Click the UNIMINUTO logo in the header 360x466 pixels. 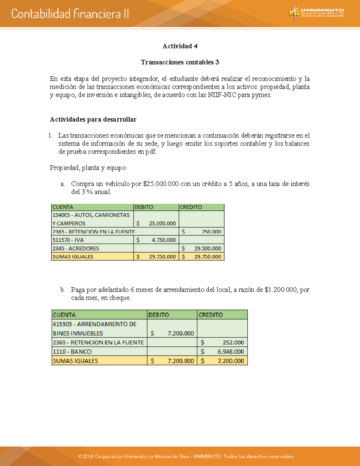pyautogui.click(x=316, y=13)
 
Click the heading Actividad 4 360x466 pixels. pyautogui.click(x=180, y=46)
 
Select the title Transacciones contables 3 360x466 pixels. pyautogui.click(x=180, y=62)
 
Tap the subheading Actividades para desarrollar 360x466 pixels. pyautogui.click(x=93, y=120)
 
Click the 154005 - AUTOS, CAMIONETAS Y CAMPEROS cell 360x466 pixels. pyautogui.click(x=92, y=219)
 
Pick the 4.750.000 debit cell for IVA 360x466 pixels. pyautogui.click(x=156, y=240)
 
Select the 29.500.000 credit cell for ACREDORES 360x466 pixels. pyautogui.click(x=202, y=248)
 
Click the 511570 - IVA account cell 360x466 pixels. pyautogui.click(x=92, y=240)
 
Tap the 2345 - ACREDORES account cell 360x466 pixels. pyautogui.click(x=92, y=248)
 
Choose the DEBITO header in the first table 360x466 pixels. pyautogui.click(x=156, y=207)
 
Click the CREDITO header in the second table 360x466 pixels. pyautogui.click(x=222, y=315)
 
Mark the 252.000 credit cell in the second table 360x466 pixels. pyautogui.click(x=222, y=342)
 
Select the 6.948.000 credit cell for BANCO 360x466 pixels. pyautogui.click(x=222, y=352)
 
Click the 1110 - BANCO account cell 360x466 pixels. pyautogui.click(x=99, y=352)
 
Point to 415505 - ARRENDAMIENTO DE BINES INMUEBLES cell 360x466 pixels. pyautogui.click(x=99, y=329)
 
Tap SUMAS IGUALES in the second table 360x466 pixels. pyautogui.click(x=99, y=361)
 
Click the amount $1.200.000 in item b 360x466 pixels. pyautogui.click(x=281, y=290)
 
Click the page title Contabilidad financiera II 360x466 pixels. pyautogui.click(x=70, y=14)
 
